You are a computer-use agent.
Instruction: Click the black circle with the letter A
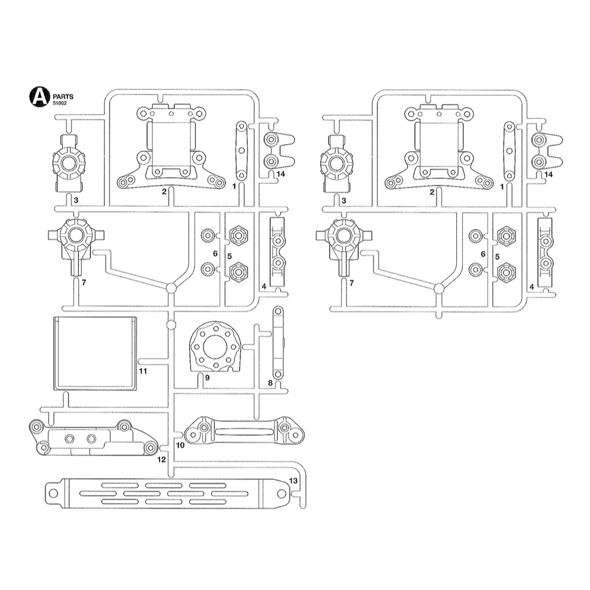tap(40, 97)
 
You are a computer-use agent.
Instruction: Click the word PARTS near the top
tap(63, 97)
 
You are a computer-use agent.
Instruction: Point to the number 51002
tap(60, 103)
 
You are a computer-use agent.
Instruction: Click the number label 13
tap(293, 481)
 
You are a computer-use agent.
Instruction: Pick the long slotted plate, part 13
tap(168, 493)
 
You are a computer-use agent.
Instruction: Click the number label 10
tap(180, 445)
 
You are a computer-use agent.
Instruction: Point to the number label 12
tap(161, 459)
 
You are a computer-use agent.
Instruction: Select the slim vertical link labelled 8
tap(278, 343)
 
